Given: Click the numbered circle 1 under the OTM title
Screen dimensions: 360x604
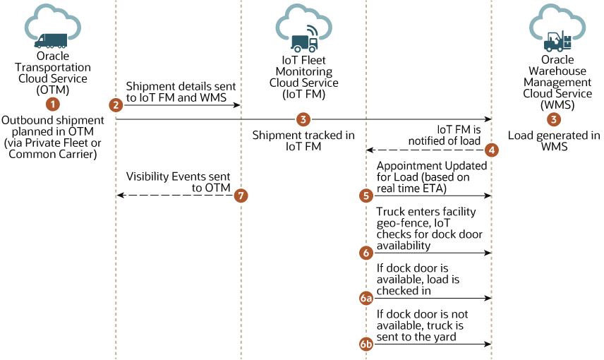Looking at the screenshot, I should (52, 104).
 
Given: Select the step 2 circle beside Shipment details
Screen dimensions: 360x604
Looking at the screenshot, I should (116, 104).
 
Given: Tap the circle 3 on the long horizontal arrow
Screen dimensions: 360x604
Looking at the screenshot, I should (303, 119).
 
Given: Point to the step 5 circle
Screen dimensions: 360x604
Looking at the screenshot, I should (366, 196).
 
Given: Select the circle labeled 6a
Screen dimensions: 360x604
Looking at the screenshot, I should (366, 299).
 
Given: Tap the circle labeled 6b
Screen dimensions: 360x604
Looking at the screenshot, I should (366, 344).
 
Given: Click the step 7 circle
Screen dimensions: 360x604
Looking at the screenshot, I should (241, 196).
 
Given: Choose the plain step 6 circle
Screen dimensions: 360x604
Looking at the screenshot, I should (366, 252).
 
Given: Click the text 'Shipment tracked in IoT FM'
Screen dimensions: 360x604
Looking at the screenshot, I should (303, 141).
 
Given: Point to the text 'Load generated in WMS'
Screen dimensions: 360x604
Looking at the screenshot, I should (554, 141).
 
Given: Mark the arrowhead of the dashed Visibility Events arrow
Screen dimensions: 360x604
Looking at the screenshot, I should (119, 196).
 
